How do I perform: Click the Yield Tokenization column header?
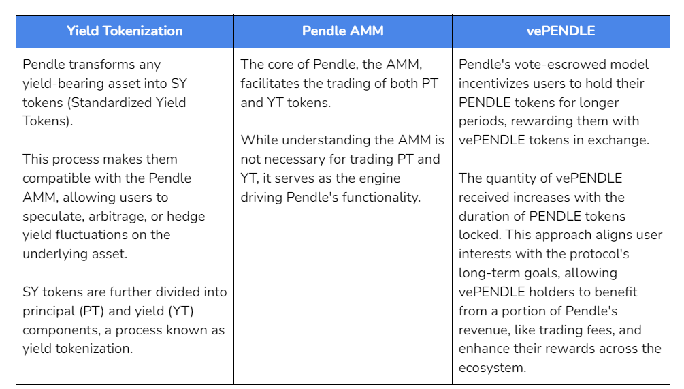pos(125,31)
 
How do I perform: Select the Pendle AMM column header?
pos(343,31)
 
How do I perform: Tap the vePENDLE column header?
pos(561,31)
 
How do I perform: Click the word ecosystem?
pos(492,368)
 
